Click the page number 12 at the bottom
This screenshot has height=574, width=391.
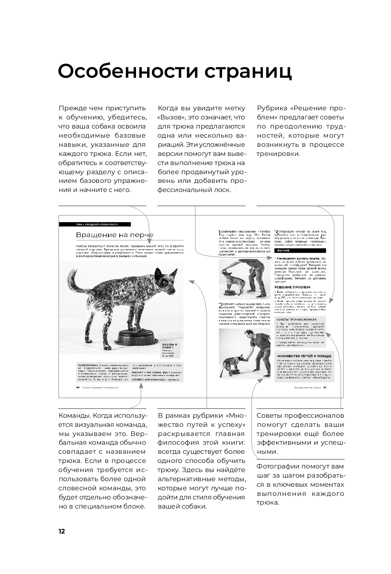(x=61, y=532)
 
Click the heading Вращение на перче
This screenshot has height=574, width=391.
(x=114, y=235)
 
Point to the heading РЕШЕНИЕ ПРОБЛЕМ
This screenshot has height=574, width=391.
(x=293, y=287)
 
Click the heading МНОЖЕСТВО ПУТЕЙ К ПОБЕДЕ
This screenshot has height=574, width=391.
(x=304, y=356)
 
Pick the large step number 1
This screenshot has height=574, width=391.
(x=220, y=233)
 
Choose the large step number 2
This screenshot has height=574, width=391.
(x=221, y=305)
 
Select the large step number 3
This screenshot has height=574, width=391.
(x=277, y=233)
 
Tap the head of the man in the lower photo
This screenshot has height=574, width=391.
(x=249, y=335)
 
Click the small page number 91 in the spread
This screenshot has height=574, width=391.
(x=325, y=388)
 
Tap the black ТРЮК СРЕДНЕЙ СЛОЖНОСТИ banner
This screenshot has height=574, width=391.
(x=94, y=225)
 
